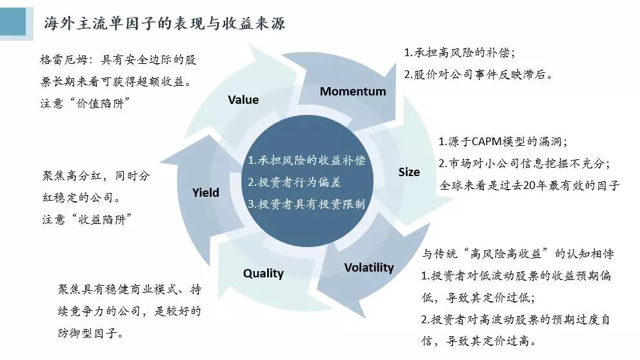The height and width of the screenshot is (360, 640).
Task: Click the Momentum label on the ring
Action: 353,91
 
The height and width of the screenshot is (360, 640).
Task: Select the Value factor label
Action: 243,99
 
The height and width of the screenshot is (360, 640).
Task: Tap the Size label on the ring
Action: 409,172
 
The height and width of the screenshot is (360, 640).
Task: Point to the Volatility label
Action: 368,267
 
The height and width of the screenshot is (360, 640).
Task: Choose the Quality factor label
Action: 263,273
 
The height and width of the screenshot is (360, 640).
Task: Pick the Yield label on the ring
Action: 206,192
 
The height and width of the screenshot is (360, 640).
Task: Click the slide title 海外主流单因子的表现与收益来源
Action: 165,24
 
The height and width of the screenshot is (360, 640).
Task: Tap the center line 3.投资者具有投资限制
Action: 306,204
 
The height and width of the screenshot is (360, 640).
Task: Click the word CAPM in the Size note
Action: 491,142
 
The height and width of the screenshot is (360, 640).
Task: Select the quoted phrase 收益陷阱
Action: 101,219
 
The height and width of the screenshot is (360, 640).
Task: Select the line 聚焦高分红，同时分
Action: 95,174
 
